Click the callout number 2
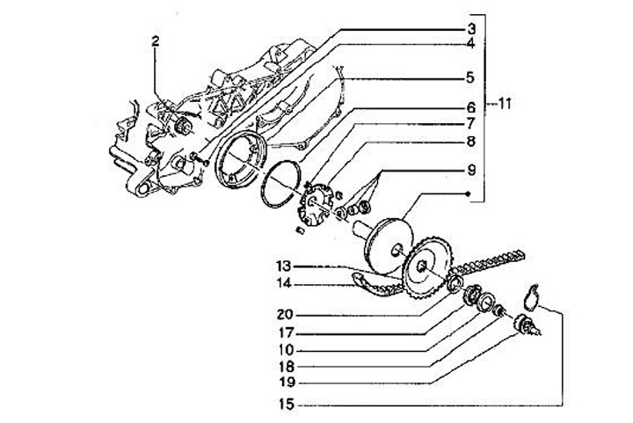pos(155,40)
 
